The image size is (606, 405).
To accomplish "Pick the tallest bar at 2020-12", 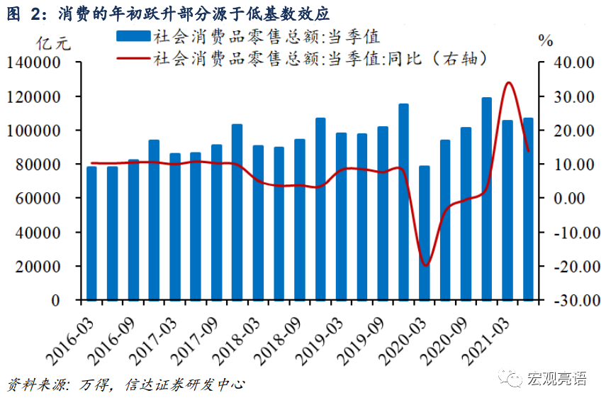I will [x=486, y=199].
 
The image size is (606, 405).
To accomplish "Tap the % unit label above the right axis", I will [x=546, y=41].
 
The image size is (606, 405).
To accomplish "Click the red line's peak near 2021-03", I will [x=508, y=83].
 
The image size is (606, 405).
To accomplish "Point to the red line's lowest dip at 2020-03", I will [x=425, y=265].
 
